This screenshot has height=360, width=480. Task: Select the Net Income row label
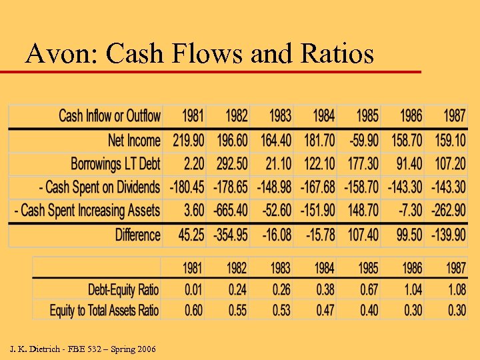(134, 140)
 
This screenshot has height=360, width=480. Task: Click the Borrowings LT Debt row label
(115, 163)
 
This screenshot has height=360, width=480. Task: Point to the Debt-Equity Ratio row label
(123, 289)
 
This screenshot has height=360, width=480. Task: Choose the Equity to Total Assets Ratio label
(104, 310)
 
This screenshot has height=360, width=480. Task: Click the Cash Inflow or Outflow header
(109, 116)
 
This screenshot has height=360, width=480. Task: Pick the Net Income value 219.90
(185, 140)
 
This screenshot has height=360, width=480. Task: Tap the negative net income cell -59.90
(360, 140)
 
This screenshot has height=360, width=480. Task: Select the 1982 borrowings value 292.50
(229, 163)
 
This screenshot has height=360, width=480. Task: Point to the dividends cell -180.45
(185, 187)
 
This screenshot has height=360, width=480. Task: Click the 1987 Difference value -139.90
(446, 235)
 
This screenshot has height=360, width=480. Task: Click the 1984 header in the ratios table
(324, 268)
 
